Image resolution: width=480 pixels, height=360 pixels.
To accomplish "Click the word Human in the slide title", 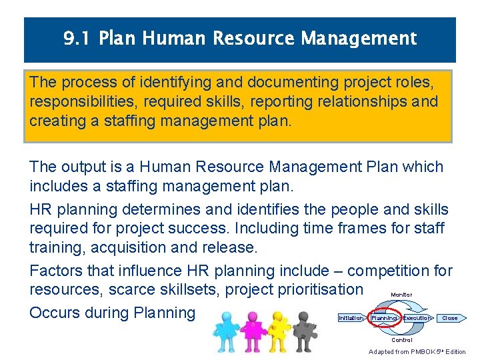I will (173, 39).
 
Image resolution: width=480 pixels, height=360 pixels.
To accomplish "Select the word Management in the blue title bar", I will (359, 39).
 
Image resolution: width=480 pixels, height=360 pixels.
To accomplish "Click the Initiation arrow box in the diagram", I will (351, 318).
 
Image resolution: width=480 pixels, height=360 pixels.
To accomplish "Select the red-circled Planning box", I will (384, 318).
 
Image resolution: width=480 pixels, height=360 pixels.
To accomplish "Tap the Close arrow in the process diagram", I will (451, 318).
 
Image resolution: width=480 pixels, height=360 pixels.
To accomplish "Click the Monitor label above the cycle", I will (401, 295).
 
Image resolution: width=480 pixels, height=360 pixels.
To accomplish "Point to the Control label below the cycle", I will (401, 340).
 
